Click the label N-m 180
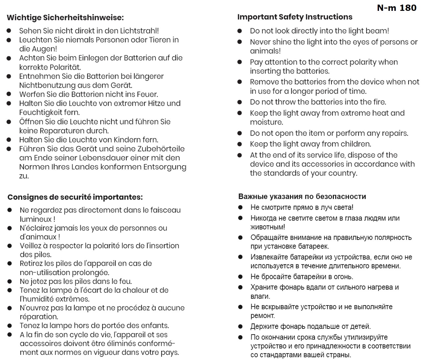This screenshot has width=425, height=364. [397, 8]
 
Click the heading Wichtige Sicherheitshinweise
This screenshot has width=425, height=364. [65, 17]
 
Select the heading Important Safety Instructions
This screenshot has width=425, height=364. [295, 17]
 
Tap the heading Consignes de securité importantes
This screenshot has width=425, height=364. [75, 197]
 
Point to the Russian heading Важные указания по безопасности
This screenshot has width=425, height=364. [302, 196]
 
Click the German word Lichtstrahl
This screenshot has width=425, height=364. [140, 31]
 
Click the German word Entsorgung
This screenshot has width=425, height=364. [165, 167]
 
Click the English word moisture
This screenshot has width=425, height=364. [266, 122]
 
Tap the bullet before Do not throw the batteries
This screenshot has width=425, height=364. [240, 102]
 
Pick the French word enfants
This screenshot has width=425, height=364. [154, 326]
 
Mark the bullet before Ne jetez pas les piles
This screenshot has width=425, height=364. [10, 282]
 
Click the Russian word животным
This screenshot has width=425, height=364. [268, 227]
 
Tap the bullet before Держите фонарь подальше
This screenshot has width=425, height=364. [240, 327]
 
